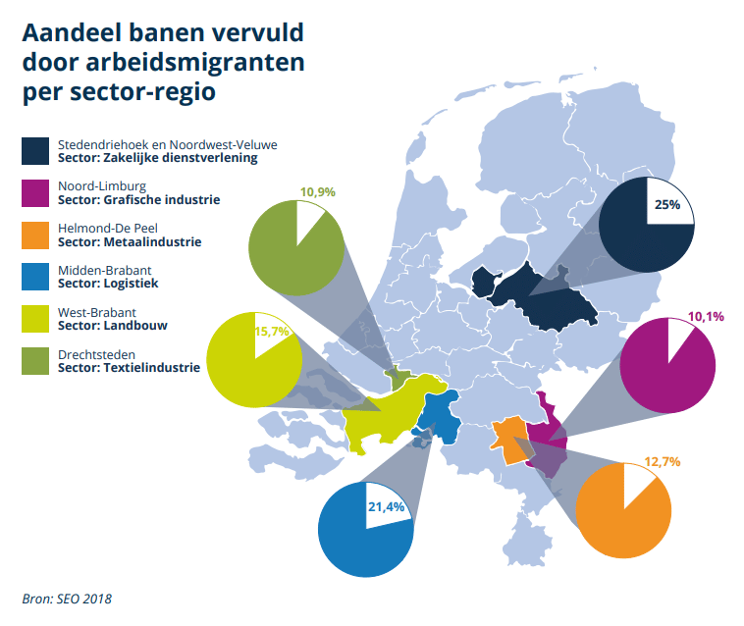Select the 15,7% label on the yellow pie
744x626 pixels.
272,332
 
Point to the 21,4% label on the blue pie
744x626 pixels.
386,508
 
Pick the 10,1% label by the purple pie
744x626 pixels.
705,316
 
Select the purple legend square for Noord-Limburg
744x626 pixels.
36,192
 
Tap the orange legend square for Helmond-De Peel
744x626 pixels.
36,235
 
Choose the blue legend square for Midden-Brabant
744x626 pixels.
36,277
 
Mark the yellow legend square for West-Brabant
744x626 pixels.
36,319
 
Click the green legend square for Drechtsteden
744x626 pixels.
36,361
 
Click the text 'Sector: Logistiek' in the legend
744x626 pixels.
108,284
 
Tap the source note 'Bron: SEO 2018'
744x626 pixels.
67,596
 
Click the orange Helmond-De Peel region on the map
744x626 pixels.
508,438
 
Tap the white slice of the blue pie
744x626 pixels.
388,508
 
